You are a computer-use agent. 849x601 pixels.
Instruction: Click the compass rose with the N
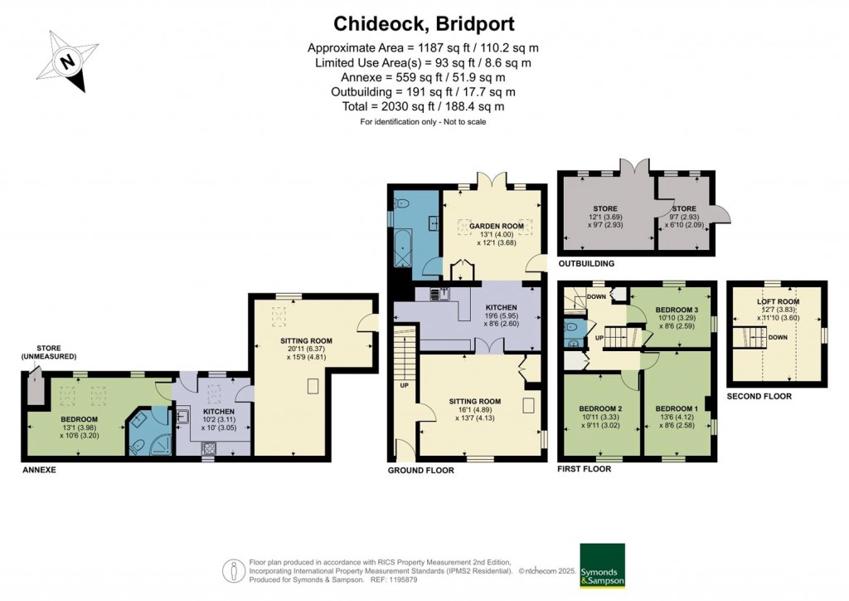68,61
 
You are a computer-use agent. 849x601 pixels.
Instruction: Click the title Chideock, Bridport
424,24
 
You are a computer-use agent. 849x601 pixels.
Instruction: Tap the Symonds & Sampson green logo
602,565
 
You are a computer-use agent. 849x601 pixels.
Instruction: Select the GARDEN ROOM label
497,226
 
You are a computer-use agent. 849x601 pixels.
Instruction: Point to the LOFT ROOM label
779,301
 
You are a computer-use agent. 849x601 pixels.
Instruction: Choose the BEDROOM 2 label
600,408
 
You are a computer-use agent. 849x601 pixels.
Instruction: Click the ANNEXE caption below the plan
39,470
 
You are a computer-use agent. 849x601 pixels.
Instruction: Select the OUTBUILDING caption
586,264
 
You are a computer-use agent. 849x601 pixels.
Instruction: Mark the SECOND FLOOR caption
759,397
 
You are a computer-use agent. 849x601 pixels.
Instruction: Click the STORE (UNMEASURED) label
49,352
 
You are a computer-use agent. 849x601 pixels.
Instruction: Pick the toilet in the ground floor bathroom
403,204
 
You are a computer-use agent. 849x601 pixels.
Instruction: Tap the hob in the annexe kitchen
209,448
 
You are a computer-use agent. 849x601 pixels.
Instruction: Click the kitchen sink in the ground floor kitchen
440,294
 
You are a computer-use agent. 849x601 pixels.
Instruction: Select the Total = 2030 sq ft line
423,106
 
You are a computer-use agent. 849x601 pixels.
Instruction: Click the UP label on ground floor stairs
405,386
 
